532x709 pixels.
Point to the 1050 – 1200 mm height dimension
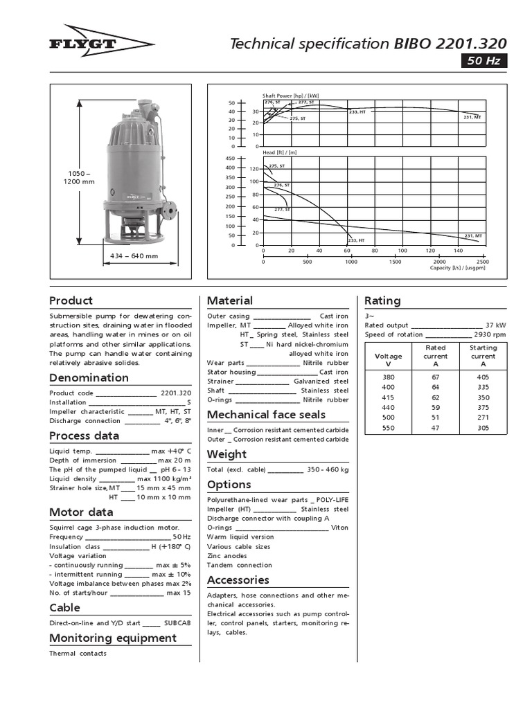tap(78, 177)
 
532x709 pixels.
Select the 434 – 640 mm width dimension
tap(134, 255)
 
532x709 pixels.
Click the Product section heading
tap(71, 300)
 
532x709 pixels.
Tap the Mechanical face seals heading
tap(267, 415)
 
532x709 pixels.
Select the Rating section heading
tap(382, 300)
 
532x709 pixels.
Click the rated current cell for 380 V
tap(436, 377)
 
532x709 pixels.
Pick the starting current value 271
tap(484, 418)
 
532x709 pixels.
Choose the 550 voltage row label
tap(388, 428)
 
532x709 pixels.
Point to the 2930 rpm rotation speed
tap(489, 334)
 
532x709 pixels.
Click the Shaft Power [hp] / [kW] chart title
tap(290, 96)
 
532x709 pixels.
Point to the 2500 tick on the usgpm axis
tap(483, 262)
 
